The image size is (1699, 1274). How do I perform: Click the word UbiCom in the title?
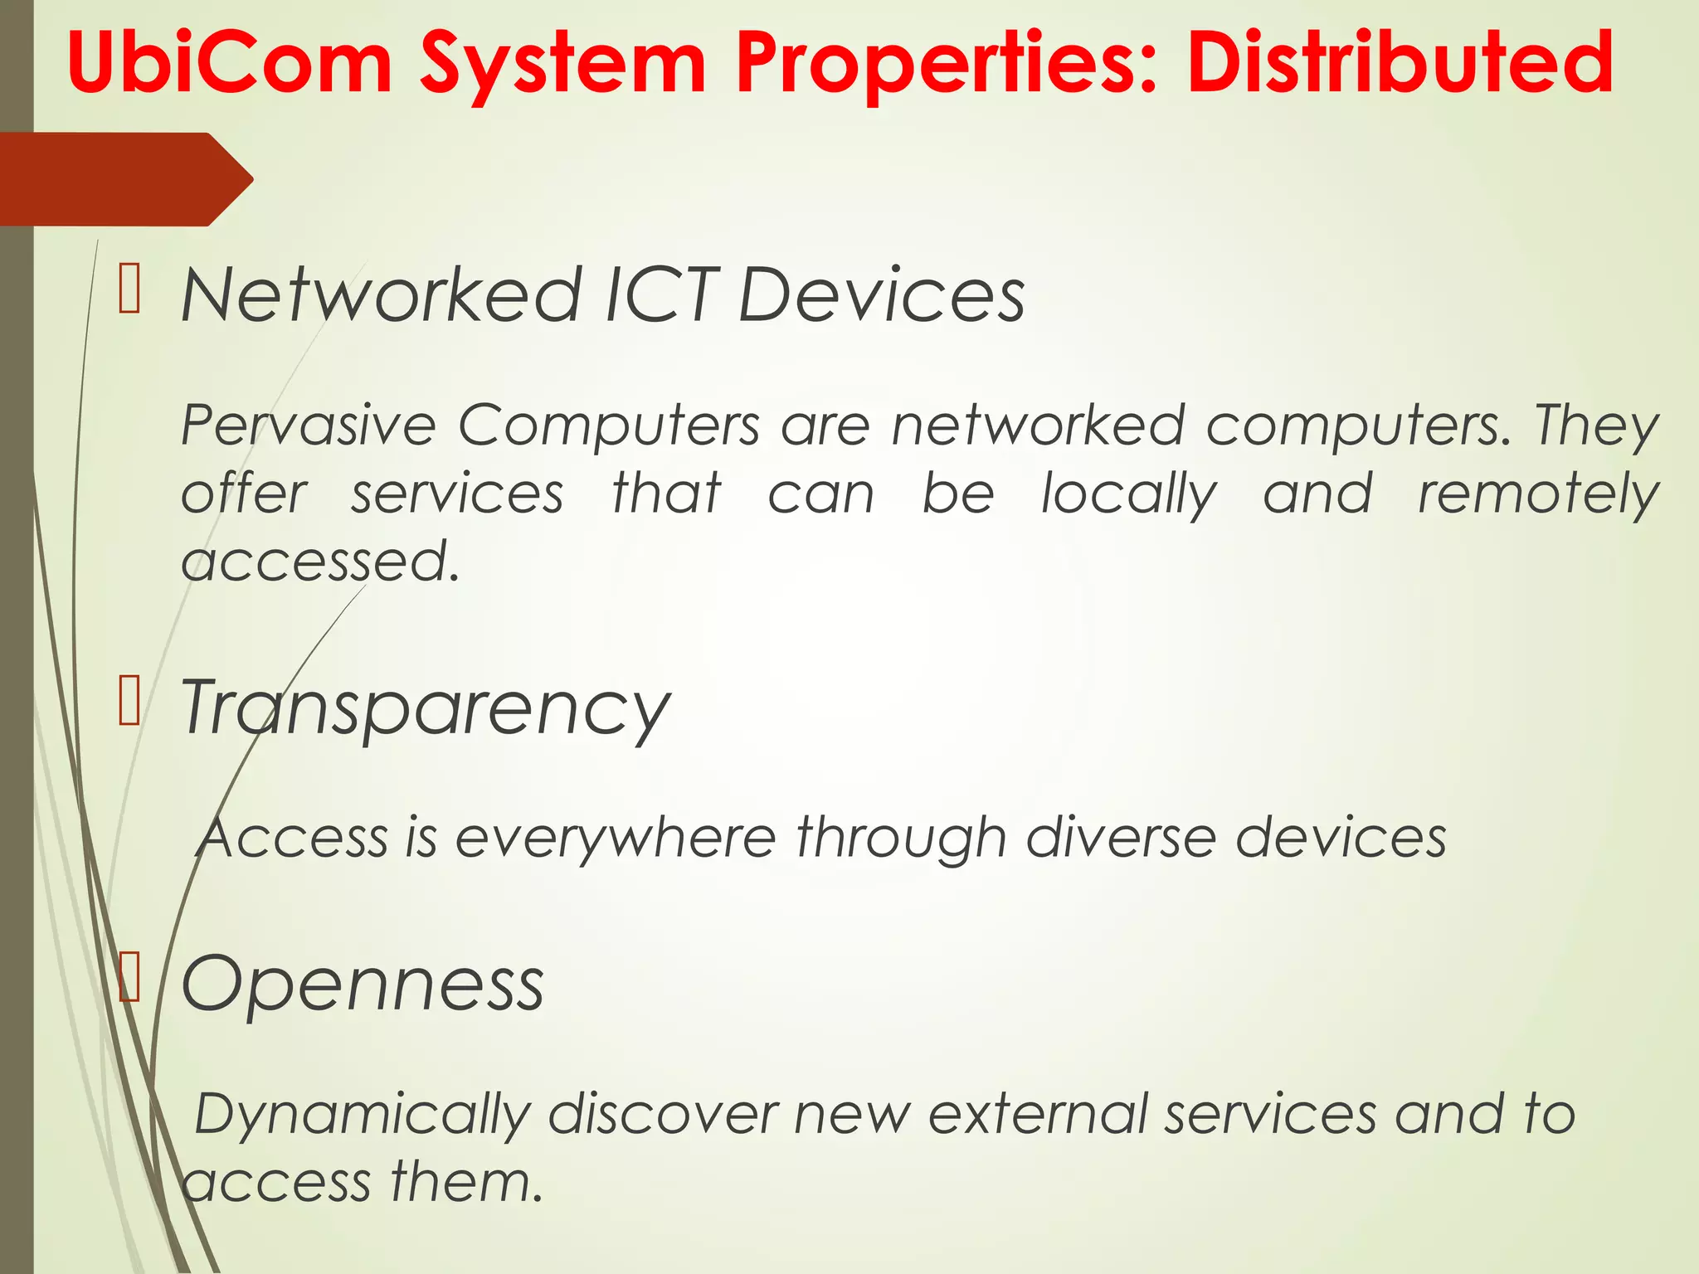[229, 63]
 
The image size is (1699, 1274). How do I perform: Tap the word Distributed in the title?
[1400, 63]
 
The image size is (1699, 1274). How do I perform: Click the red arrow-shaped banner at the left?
[124, 179]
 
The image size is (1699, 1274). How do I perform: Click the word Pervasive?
[308, 425]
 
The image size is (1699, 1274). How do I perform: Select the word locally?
[1128, 495]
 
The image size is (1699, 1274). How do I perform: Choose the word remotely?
[1537, 495]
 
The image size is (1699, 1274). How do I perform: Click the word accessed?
[320, 562]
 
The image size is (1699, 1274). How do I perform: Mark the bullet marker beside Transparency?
[129, 701]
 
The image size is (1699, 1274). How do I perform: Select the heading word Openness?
[363, 985]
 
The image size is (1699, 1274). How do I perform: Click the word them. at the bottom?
[465, 1181]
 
